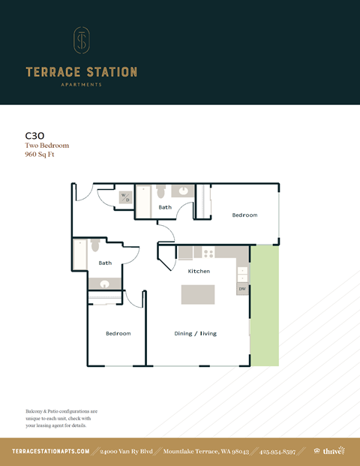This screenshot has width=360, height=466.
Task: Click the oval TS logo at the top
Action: click(81, 42)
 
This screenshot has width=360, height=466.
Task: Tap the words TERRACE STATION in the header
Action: click(81, 73)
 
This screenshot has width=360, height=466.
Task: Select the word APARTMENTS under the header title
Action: click(81, 85)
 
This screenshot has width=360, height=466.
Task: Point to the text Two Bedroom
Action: click(46, 146)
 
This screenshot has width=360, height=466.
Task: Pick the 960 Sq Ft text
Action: click(41, 155)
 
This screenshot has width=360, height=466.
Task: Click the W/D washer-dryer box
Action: click(126, 198)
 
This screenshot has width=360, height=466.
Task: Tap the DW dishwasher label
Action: click(242, 289)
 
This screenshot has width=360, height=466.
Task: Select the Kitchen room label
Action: click(199, 271)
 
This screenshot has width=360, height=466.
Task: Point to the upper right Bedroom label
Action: click(244, 215)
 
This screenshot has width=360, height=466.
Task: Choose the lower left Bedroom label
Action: click(118, 333)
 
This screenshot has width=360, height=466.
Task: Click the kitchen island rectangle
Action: click(198, 294)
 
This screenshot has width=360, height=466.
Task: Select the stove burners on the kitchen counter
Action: click(208, 253)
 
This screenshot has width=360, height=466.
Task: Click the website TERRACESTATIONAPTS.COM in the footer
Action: click(51, 451)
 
